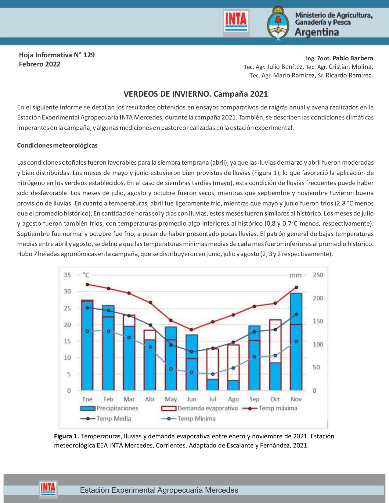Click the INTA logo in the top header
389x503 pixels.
236,23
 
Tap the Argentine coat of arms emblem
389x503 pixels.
278,23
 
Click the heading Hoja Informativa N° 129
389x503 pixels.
57,55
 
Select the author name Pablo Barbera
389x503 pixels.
353,58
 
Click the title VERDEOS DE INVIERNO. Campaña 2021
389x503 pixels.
196,94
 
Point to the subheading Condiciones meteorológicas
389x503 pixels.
57,145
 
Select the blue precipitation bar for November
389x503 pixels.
296,341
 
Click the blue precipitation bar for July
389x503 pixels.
212,384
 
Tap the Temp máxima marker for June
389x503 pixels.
191,330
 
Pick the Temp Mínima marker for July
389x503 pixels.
213,374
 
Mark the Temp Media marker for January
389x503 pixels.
87,308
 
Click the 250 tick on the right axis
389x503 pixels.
318,275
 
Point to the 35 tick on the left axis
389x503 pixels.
67,275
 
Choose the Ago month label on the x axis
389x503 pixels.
233,399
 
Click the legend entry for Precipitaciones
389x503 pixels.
109,408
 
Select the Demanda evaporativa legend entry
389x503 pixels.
200,408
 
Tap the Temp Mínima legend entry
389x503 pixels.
189,419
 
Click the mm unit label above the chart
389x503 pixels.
295,275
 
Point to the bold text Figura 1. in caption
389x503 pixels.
67,436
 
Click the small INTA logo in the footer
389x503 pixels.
48,488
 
